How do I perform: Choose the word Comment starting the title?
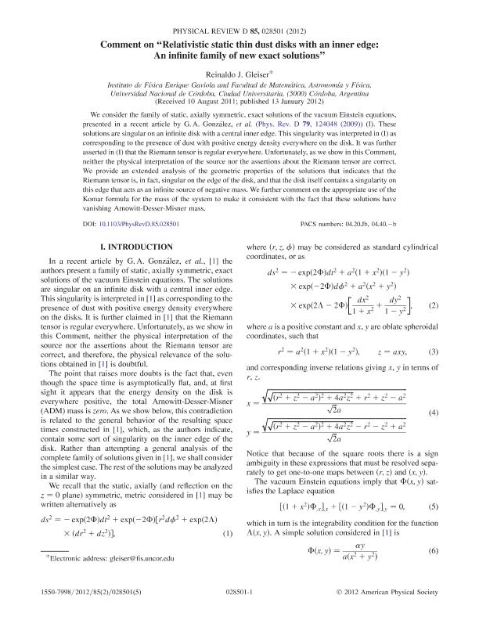point(127,45)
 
